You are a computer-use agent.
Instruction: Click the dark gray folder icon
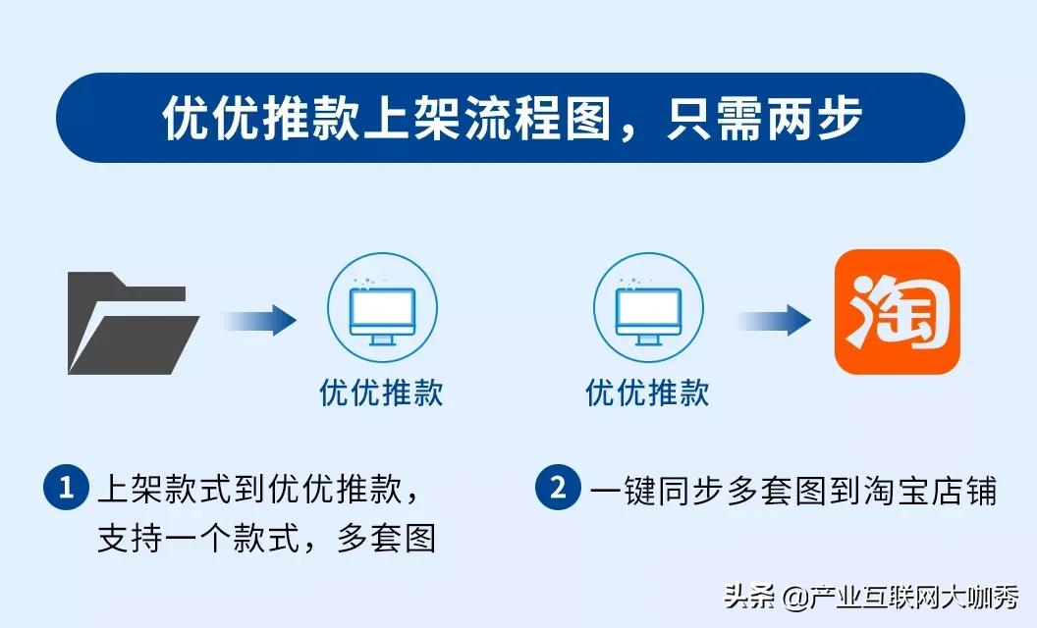click(x=132, y=323)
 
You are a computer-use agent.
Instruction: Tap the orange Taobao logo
click(x=897, y=312)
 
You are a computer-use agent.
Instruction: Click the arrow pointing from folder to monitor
click(x=259, y=319)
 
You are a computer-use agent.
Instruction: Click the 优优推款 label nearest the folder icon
click(x=381, y=392)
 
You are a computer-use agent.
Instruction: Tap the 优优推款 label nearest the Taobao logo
click(x=648, y=392)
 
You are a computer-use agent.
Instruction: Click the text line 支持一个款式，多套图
click(x=266, y=539)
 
